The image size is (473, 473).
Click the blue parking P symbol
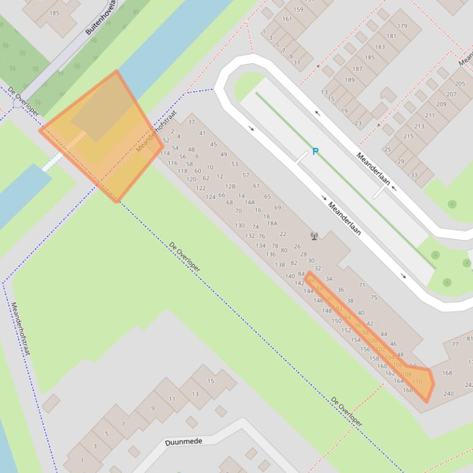[315, 152]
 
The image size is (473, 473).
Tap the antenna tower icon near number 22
[315, 235]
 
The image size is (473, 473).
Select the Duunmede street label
[184, 442]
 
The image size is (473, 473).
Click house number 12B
[230, 186]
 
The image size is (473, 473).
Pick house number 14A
[249, 202]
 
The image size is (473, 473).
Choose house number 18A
[272, 223]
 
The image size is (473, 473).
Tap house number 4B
[191, 149]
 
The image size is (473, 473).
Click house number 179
[402, 26]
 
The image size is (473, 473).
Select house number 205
[460, 84]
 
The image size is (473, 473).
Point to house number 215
[408, 136]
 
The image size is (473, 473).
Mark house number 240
[448, 394]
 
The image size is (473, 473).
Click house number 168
[447, 373]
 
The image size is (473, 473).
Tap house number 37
[191, 122]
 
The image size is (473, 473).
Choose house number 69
[278, 208]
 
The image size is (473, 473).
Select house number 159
[298, 9]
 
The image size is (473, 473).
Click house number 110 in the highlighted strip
[417, 381]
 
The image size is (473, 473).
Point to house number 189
[350, 80]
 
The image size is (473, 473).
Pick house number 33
[413, 175]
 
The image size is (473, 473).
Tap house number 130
[240, 225]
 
